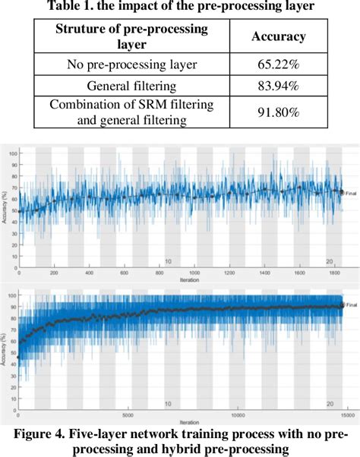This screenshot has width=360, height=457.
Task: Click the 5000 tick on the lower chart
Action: (128, 414)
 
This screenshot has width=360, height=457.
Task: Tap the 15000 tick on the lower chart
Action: (346, 414)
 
